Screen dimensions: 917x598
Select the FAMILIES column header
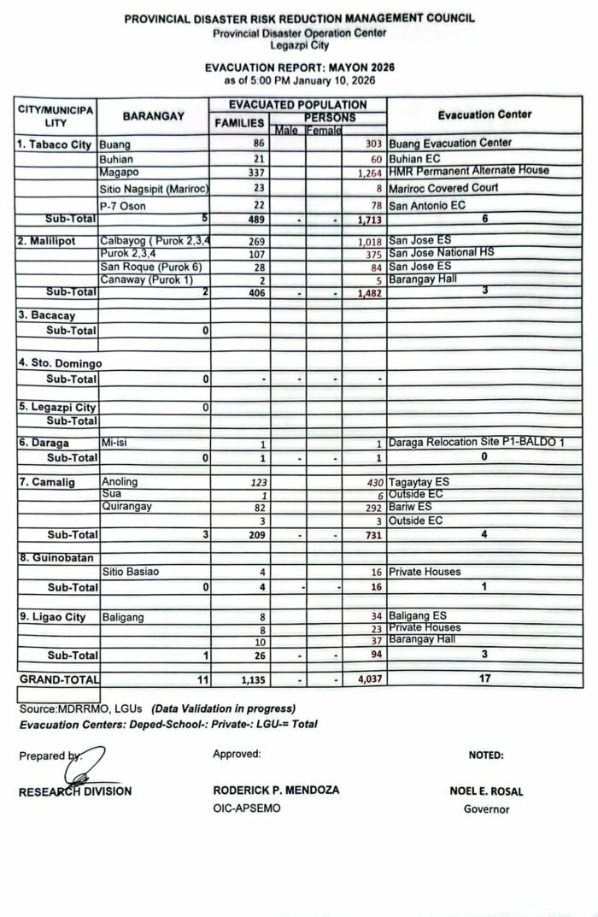pyautogui.click(x=238, y=122)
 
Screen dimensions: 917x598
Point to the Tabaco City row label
pyautogui.click(x=54, y=144)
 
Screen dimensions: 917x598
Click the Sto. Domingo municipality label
pyautogui.click(x=59, y=362)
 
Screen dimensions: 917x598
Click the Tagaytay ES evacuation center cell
pyautogui.click(x=419, y=482)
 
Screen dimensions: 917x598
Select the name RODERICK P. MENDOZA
pyautogui.click(x=276, y=791)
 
